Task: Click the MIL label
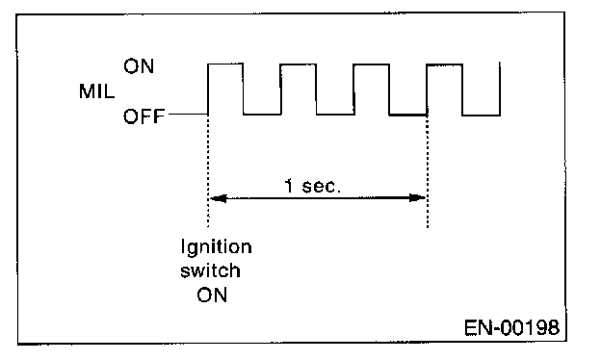click(x=96, y=91)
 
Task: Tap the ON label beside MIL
click(x=139, y=66)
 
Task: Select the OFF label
click(x=144, y=116)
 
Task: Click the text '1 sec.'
click(x=312, y=186)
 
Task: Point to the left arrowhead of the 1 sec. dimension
click(x=218, y=198)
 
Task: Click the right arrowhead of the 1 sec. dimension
click(x=418, y=198)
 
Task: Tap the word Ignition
click(x=216, y=247)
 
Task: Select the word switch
click(x=210, y=270)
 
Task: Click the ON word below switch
click(x=212, y=296)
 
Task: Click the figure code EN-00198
click(x=511, y=328)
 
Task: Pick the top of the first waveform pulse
click(x=225, y=64)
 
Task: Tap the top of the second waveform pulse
click(x=299, y=64)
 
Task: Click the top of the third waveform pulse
click(x=372, y=64)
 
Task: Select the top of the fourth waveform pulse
click(x=445, y=64)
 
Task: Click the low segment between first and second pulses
click(x=262, y=115)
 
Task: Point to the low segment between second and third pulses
click(x=335, y=115)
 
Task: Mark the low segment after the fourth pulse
click(x=481, y=115)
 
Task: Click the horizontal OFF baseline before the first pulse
click(x=188, y=115)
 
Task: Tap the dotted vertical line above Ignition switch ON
click(x=208, y=171)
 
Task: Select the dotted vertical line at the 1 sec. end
click(x=428, y=171)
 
